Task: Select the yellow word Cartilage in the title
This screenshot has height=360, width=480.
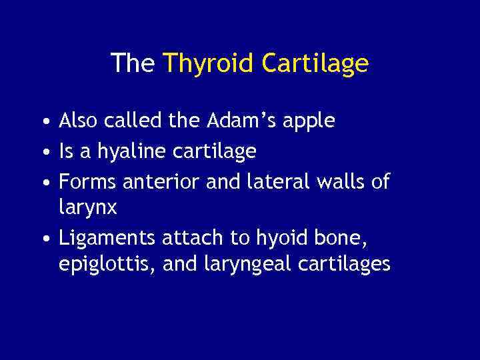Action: (x=315, y=63)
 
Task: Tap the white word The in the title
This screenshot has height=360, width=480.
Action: (x=133, y=63)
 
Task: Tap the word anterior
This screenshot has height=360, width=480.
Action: (x=170, y=181)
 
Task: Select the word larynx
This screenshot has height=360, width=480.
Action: (x=87, y=209)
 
